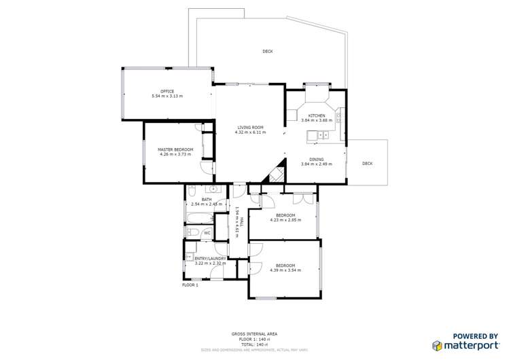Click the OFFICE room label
click(167, 91)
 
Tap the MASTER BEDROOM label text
click(175, 149)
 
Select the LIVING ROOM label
click(249, 127)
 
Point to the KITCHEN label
click(317, 115)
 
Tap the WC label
click(207, 233)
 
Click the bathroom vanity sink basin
click(213, 190)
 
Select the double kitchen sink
click(317, 136)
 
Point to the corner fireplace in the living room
click(276, 175)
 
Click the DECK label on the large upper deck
click(268, 52)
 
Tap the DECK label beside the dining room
click(367, 163)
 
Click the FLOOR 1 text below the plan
click(190, 285)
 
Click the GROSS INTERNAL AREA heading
click(254, 334)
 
